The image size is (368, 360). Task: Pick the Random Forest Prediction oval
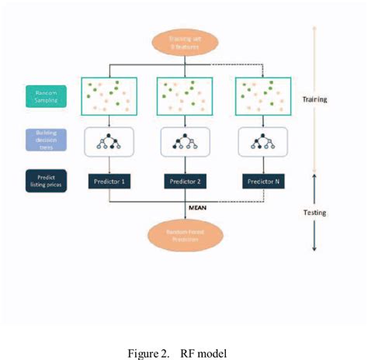[185, 237]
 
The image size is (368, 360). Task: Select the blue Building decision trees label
[44, 140]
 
